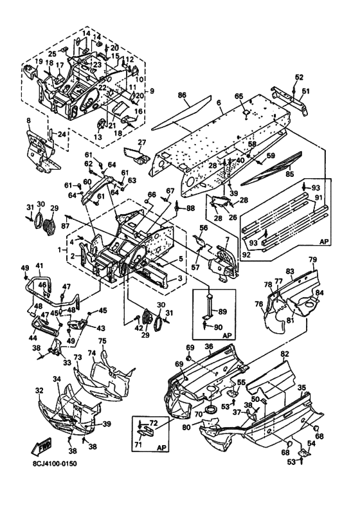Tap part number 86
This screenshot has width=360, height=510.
pyautogui.click(x=183, y=95)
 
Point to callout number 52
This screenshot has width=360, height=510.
pyautogui.click(x=299, y=77)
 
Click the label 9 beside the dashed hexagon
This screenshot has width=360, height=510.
pyautogui.click(x=152, y=91)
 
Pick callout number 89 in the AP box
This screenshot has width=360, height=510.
pyautogui.click(x=222, y=311)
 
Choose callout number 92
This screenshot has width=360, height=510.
pyautogui.click(x=246, y=255)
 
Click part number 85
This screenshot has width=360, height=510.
pyautogui.click(x=289, y=174)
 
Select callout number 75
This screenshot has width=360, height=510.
pyautogui.click(x=102, y=342)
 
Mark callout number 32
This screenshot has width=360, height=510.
pyautogui.click(x=39, y=390)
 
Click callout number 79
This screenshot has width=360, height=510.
pyautogui.click(x=312, y=260)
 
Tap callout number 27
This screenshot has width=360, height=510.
pyautogui.click(x=142, y=142)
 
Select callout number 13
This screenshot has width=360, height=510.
pyautogui.click(x=98, y=137)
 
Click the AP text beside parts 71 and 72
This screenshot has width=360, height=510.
pyautogui.click(x=161, y=448)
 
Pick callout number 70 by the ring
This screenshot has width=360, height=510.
pyautogui.click(x=199, y=414)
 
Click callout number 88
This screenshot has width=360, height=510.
pyautogui.click(x=190, y=208)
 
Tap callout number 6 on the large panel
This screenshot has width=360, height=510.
pyautogui.click(x=219, y=103)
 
